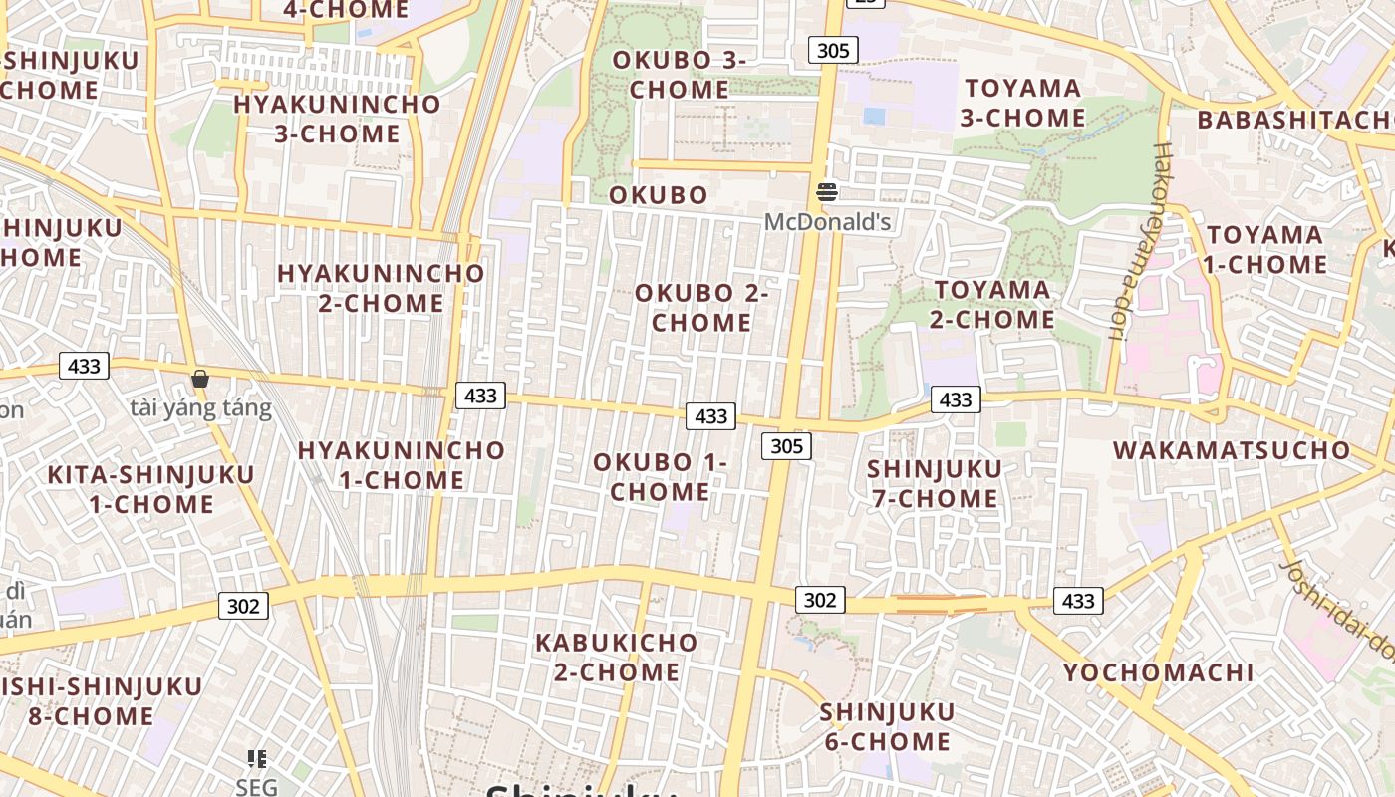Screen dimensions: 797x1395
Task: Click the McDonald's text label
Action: pyautogui.click(x=827, y=221)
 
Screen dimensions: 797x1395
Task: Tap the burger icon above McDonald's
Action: pyautogui.click(x=827, y=191)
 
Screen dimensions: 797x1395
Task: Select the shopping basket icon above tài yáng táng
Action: pyautogui.click(x=200, y=379)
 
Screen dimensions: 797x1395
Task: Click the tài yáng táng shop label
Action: pyautogui.click(x=200, y=408)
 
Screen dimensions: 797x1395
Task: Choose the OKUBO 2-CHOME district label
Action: pyautogui.click(x=701, y=308)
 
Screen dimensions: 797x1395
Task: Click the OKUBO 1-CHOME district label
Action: pyautogui.click(x=660, y=477)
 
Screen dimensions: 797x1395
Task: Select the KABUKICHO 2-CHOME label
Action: pyautogui.click(x=616, y=657)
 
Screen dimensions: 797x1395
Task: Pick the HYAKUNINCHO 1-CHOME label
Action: pyautogui.click(x=402, y=465)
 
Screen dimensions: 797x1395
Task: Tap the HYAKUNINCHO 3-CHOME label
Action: pyautogui.click(x=337, y=119)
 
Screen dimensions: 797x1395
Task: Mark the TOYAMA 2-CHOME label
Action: pyautogui.click(x=992, y=305)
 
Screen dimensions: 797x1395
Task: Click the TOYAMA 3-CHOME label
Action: pyautogui.click(x=1023, y=103)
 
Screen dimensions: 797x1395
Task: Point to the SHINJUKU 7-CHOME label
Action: pyautogui.click(x=935, y=483)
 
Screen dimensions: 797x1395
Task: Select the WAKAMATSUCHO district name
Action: pyautogui.click(x=1232, y=450)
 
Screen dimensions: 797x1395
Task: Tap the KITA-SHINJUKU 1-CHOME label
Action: pyautogui.click(x=151, y=489)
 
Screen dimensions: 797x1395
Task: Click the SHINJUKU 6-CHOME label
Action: pyautogui.click(x=887, y=726)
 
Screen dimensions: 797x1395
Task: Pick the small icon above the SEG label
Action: pyautogui.click(x=257, y=759)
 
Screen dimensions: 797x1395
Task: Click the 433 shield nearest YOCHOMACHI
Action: pyautogui.click(x=1078, y=601)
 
